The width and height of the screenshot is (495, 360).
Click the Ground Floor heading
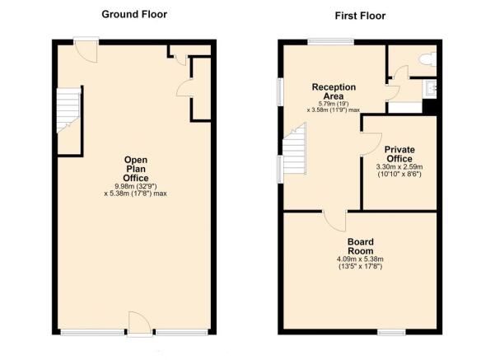pyautogui.click(x=134, y=14)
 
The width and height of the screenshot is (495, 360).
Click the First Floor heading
pyautogui.click(x=360, y=16)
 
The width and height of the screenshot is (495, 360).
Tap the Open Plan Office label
pyautogui.click(x=136, y=169)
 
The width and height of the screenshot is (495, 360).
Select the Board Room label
pyautogui.click(x=361, y=246)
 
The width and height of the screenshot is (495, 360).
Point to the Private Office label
pyautogui.click(x=399, y=154)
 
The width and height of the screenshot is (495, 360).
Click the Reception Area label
pyautogui.click(x=334, y=91)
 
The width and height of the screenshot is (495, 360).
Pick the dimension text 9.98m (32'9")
pyautogui.click(x=136, y=186)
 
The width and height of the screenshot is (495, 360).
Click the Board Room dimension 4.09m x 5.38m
pyautogui.click(x=360, y=259)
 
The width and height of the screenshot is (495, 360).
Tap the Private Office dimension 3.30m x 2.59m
pyautogui.click(x=399, y=166)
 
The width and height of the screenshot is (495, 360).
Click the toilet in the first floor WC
pyautogui.click(x=427, y=59)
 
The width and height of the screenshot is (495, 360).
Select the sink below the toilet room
pyautogui.click(x=430, y=87)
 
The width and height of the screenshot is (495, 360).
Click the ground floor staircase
pyautogui.click(x=68, y=110)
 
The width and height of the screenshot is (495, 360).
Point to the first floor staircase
pyautogui.click(x=295, y=148)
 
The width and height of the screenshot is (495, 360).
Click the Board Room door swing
pyautogui.click(x=334, y=222)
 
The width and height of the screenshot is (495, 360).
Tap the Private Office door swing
pyautogui.click(x=371, y=144)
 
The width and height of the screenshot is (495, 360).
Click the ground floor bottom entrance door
pyautogui.click(x=140, y=324)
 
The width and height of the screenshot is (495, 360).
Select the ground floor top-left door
pyautogui.click(x=86, y=50)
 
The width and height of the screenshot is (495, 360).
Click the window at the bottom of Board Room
pyautogui.click(x=391, y=332)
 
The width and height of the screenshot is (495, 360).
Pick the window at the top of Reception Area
pyautogui.click(x=331, y=41)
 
